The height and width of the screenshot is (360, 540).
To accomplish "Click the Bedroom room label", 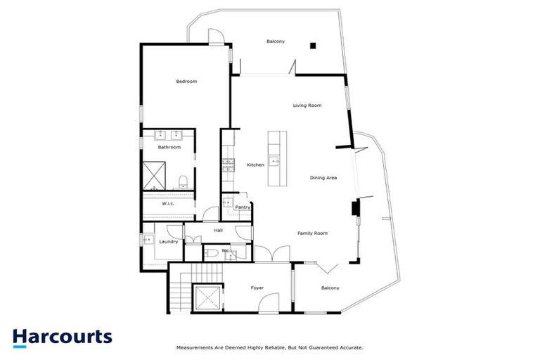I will point(186,82).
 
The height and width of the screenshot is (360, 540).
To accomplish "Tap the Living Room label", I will point(307,105).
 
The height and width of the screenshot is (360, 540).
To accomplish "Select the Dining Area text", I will point(323,178).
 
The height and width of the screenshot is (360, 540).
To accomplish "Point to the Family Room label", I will point(313,233).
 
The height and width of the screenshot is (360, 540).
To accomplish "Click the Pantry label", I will point(243,207).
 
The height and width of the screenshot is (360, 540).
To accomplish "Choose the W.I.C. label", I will point(168,204).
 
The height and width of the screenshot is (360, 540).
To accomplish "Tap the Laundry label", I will point(169,242).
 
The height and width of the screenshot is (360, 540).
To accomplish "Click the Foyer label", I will point(257,288).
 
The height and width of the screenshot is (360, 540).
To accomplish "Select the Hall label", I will point(218,230).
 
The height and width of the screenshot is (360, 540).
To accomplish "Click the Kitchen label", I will point(255,165).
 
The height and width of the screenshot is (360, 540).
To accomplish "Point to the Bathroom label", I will point(169,148).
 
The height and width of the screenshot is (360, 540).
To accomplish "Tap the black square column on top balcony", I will point(314,46).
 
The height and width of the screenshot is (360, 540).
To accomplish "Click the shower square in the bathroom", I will point(155,176).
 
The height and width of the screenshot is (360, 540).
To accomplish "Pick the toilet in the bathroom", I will point(183,182).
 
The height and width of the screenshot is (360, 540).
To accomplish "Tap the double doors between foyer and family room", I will point(271,254).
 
